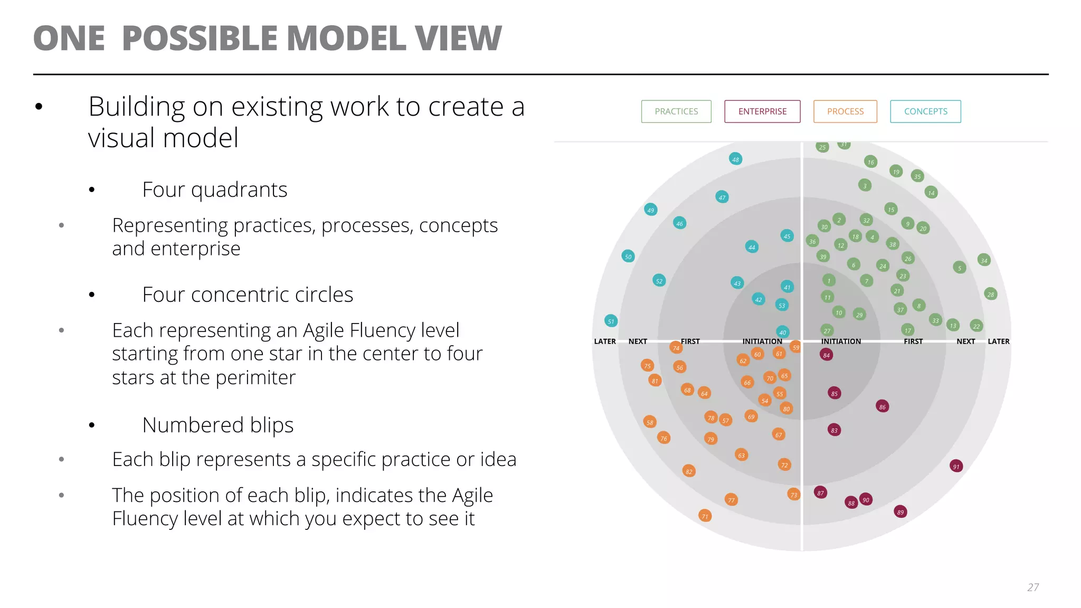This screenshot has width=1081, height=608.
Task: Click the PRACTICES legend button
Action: pyautogui.click(x=676, y=111)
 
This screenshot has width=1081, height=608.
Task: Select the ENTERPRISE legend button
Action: pyautogui.click(x=762, y=111)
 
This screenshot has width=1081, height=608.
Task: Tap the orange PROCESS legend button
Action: pyautogui.click(x=845, y=111)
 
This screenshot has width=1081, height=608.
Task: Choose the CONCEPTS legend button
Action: pyautogui.click(x=925, y=111)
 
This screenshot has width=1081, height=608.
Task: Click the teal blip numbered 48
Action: pyautogui.click(x=735, y=159)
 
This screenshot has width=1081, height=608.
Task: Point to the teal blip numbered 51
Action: pyautogui.click(x=611, y=321)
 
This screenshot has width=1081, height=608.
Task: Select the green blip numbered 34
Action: pyautogui.click(x=984, y=260)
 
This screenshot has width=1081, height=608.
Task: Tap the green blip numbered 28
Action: pyautogui.click(x=991, y=294)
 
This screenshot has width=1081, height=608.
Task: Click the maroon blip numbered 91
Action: pyautogui.click(x=956, y=466)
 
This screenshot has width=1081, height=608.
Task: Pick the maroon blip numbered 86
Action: pyautogui.click(x=882, y=406)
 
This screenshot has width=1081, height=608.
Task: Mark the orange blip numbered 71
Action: pyautogui.click(x=705, y=516)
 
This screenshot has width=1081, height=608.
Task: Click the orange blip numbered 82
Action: pyautogui.click(x=689, y=471)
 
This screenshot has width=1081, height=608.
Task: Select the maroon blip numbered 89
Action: pyautogui.click(x=900, y=512)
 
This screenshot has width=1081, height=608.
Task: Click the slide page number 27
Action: pyautogui.click(x=1033, y=587)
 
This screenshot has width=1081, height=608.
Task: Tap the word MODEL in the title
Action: pyautogui.click(x=346, y=39)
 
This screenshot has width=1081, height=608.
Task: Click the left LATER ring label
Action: pyautogui.click(x=605, y=341)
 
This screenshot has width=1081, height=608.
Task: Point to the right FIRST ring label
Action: pyautogui.click(x=913, y=341)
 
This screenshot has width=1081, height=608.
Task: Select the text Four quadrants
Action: pyautogui.click(x=214, y=189)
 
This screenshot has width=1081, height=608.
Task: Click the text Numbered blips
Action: pyautogui.click(x=217, y=425)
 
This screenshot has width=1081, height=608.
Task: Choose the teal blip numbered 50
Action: pyautogui.click(x=628, y=256)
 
